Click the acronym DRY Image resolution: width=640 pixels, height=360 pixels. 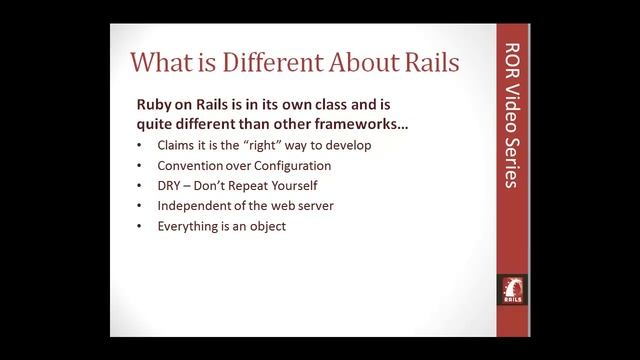170,186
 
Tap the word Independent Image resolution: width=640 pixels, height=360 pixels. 195,206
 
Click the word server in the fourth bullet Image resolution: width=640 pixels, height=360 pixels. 312,206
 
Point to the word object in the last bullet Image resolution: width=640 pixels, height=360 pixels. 267,226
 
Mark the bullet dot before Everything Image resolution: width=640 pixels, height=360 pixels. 139,227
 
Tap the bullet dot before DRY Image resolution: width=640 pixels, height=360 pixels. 139,187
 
